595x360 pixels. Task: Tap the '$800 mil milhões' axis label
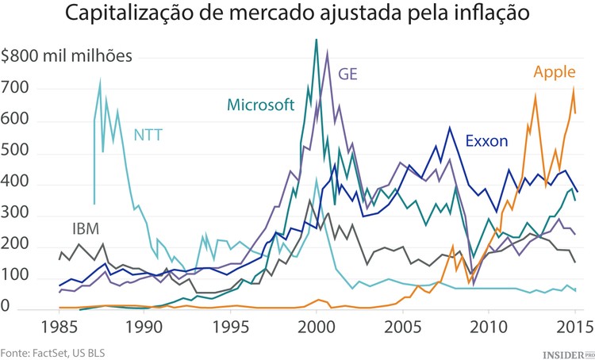click(x=67, y=56)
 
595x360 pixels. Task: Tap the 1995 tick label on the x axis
click(x=231, y=327)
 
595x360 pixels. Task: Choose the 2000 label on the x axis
click(x=317, y=327)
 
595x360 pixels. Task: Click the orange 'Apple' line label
click(x=554, y=73)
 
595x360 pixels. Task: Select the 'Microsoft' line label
click(x=260, y=105)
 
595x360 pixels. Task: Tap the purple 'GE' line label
click(x=348, y=74)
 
